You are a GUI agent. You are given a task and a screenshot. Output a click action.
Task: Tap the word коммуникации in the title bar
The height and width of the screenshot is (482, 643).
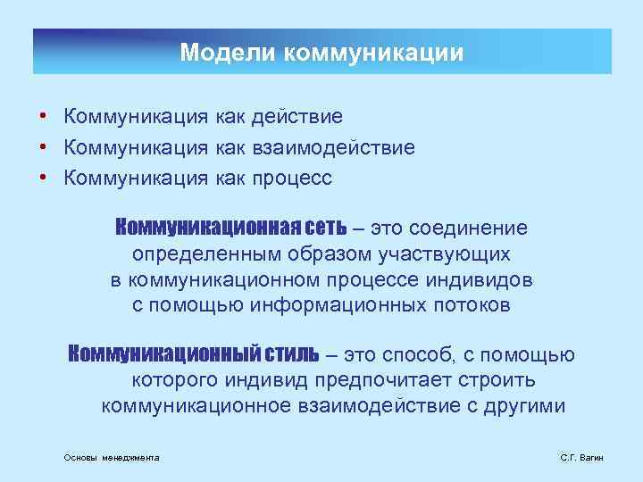tap(373, 53)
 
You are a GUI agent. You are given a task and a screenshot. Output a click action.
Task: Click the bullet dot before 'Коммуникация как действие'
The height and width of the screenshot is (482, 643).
tap(42, 117)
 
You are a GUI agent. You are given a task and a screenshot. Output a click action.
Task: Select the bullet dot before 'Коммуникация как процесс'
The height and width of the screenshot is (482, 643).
tap(42, 178)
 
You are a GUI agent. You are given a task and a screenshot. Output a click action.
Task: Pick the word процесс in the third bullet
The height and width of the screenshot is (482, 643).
tap(293, 178)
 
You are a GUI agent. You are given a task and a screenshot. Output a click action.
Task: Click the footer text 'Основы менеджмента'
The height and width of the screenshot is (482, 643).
tap(112, 457)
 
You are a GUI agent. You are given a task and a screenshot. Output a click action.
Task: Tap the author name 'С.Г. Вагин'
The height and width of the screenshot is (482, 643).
tap(581, 457)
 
